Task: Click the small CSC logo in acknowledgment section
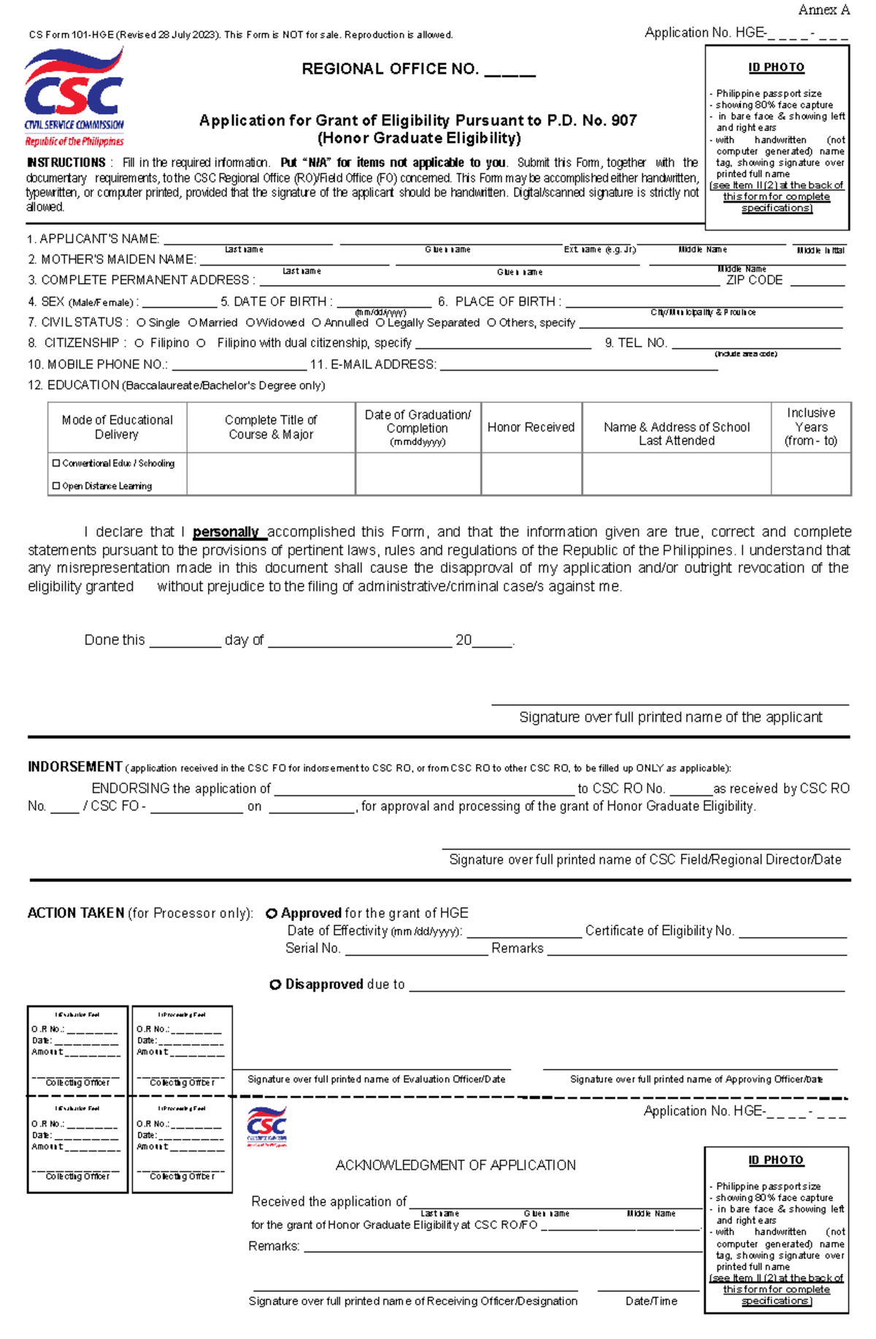coord(266,1126)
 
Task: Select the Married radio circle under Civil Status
coord(193,323)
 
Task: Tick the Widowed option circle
coord(250,323)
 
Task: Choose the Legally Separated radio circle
coord(380,323)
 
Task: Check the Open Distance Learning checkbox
coord(56,486)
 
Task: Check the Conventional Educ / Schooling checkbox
coord(56,463)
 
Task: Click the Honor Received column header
coord(531,428)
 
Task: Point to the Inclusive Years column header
coord(810,427)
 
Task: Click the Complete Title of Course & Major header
coord(271,428)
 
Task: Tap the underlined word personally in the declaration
coord(226,532)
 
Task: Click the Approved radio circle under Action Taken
coord(272,914)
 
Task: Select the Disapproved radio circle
coord(275,985)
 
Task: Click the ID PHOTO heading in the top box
coord(776,68)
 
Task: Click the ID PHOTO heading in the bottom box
coord(776,1160)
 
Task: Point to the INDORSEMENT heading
coord(74,767)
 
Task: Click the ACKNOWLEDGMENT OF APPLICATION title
coord(456,1165)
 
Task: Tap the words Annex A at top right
coord(823,10)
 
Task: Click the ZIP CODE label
coord(754,280)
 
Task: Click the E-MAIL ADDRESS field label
coord(373,365)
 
